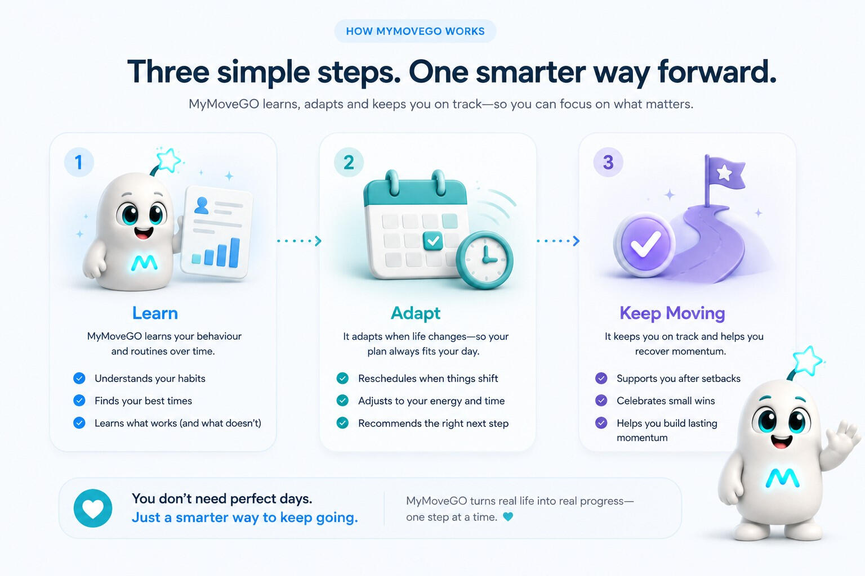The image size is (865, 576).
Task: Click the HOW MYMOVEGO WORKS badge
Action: point(415,31)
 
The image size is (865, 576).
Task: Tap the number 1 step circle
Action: point(79,162)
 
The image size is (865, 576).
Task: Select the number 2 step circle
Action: point(349,162)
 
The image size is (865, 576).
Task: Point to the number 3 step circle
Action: point(608,162)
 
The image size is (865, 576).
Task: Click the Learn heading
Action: point(155,313)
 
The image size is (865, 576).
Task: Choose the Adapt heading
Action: point(416,313)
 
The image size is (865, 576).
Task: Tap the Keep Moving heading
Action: point(672,313)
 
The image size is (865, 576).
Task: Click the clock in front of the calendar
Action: point(485,260)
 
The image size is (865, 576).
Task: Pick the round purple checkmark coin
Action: point(644,245)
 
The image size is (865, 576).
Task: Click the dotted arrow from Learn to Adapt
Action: point(299,241)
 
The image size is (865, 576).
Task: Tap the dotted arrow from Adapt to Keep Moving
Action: point(559,241)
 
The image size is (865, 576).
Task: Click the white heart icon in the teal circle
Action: point(93,508)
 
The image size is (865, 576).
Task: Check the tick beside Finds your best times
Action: point(79,400)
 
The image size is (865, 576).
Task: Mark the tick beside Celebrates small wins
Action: point(601,400)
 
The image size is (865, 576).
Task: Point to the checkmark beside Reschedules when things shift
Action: point(342,378)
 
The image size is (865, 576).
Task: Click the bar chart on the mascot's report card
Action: point(216,252)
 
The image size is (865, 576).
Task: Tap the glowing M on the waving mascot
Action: point(782,478)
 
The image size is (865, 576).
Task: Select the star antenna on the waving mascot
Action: point(806,361)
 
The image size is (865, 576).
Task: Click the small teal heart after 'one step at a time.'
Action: point(508,516)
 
